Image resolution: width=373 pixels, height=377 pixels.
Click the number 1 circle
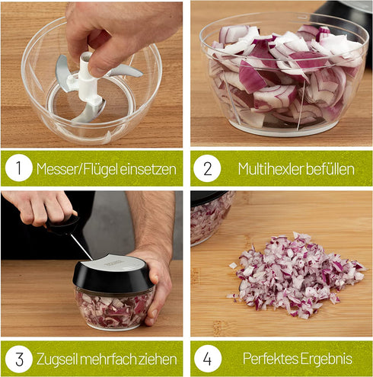[x=18, y=168]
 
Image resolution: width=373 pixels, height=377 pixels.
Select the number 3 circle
[x=18, y=357]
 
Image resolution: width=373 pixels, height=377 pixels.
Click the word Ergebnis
[x=326, y=357]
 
